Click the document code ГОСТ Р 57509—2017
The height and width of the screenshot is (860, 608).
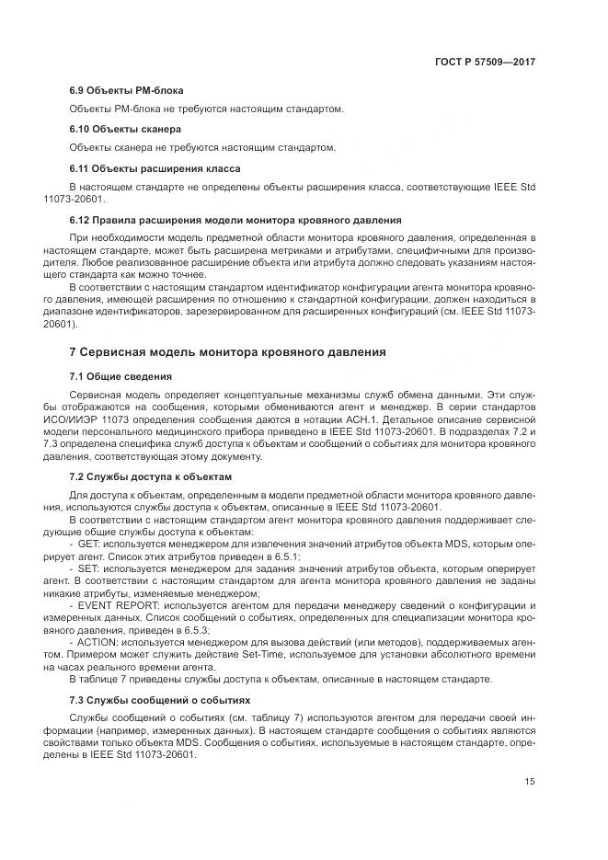[x=484, y=62]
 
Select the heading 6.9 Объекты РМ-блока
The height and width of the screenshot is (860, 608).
[x=127, y=90]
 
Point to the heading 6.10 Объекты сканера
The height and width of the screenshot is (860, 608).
[x=125, y=129]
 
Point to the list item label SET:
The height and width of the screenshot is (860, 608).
[x=90, y=569]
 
